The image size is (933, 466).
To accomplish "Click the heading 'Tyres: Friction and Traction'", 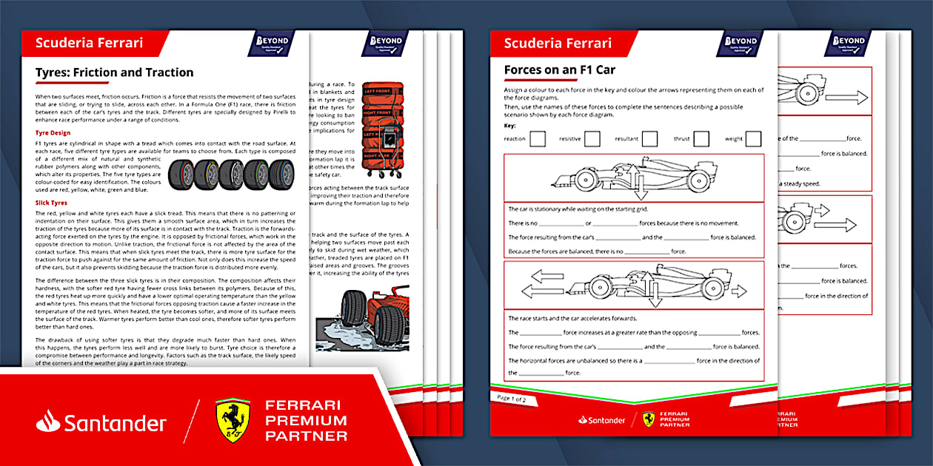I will pyautogui.click(x=114, y=72).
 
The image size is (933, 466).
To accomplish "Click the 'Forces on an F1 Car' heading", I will pyautogui.click(x=559, y=70).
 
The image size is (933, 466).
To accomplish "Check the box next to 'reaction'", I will pyautogui.click(x=538, y=138).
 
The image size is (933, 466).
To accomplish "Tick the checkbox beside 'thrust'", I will pyautogui.click(x=700, y=138).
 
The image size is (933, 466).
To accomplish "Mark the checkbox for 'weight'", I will pyautogui.click(x=753, y=138).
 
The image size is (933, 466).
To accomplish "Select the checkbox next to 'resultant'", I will pyautogui.click(x=649, y=138).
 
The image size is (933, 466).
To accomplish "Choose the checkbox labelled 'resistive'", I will pyautogui.click(x=592, y=138).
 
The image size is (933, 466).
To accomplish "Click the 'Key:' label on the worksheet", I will pyautogui.click(x=509, y=126).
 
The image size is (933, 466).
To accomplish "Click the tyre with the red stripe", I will pyautogui.click(x=181, y=173).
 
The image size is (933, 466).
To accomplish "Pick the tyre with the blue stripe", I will pyautogui.click(x=282, y=173).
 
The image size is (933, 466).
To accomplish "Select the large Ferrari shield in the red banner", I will pyautogui.click(x=233, y=421).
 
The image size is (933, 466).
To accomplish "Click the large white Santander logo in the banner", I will pyautogui.click(x=101, y=422).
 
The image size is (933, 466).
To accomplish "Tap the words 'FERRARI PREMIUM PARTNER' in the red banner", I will pyautogui.click(x=305, y=420).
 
